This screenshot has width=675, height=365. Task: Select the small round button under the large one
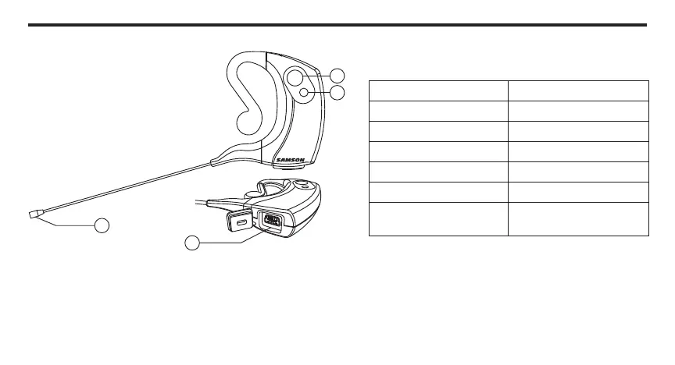click(304, 92)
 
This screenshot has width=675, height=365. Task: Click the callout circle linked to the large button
click(337, 76)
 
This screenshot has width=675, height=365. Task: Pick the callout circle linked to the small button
click(337, 93)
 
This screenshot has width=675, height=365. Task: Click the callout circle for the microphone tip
click(102, 226)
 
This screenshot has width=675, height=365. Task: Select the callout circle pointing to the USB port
click(193, 243)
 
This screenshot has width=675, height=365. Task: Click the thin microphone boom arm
click(125, 188)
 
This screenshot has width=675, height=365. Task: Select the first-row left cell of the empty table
click(437, 90)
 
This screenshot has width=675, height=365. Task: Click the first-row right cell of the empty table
click(578, 90)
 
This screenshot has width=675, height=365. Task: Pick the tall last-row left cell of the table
click(437, 219)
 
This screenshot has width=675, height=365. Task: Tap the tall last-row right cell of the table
click(578, 219)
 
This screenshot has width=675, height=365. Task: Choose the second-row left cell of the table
click(437, 110)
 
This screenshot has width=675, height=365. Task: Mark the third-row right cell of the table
click(578, 130)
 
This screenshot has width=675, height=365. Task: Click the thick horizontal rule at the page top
click(337, 25)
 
